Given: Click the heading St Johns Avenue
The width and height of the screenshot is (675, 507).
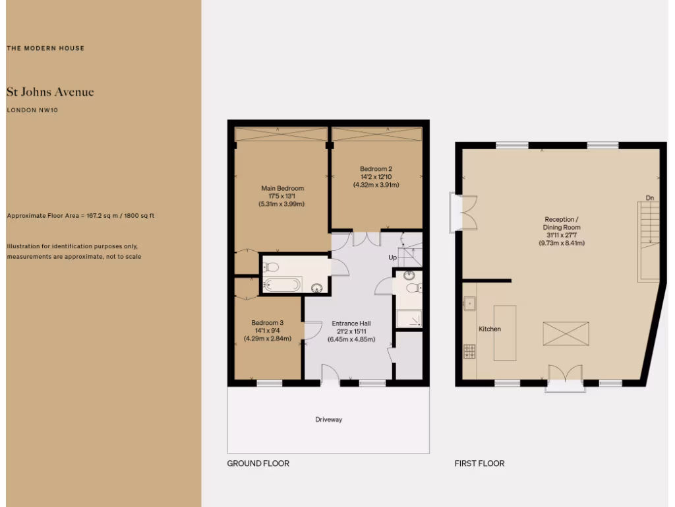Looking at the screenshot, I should point(50,92).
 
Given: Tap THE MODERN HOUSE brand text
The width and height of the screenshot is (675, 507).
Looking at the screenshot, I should point(45,48).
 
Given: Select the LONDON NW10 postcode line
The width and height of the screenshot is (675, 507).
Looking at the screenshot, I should point(32,110).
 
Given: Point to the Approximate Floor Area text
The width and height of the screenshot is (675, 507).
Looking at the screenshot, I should point(80,216).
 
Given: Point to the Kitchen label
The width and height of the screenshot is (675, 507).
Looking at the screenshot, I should point(490,329).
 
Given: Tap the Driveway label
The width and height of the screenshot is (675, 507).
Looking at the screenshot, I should point(328,419).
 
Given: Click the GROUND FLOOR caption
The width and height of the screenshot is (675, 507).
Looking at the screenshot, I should point(258,463).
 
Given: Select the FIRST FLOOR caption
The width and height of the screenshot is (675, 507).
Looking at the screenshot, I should point(479,463).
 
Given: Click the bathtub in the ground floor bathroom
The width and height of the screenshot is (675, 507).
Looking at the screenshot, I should point(282,285).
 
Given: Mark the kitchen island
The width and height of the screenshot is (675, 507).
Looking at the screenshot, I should point(505,333).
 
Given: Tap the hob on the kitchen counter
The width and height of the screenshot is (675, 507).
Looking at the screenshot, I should point(470,352).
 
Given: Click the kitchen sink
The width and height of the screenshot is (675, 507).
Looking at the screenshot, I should point(470,304).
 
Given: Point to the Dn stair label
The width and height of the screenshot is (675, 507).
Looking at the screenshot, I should point(649,198).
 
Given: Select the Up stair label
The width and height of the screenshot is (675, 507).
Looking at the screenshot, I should point(392,257).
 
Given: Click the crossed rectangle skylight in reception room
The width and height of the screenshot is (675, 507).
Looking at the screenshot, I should point(566,333).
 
